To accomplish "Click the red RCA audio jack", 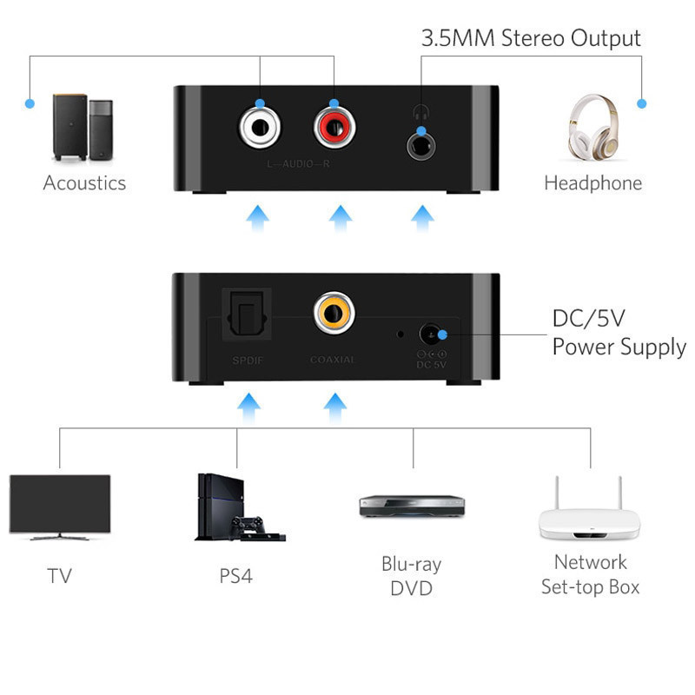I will point(334,128).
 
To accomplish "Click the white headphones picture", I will point(593,128).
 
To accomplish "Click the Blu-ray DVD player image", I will point(412,506).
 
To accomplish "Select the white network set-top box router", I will point(591,513).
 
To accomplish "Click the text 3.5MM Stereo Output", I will point(531,38).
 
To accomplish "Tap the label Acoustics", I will point(84,183).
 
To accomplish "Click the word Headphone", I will point(592,183).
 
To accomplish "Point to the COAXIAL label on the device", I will point(333,359).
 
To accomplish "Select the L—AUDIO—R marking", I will point(298,163).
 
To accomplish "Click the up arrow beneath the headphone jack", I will point(423,217).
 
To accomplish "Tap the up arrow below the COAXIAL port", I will point(333,405).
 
